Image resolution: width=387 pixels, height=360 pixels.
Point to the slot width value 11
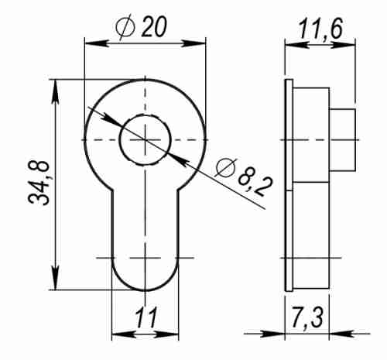point(145,319)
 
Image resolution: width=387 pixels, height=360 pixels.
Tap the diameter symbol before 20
point(124,29)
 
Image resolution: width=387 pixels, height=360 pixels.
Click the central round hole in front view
point(145,139)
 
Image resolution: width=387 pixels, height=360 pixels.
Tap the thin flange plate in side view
point(289,186)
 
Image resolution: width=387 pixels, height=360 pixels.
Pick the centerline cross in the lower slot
point(145,256)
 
